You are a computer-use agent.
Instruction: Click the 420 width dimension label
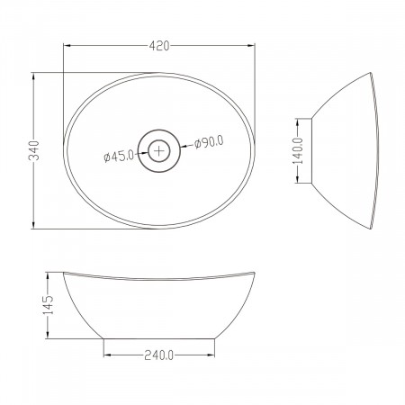(x=159, y=46)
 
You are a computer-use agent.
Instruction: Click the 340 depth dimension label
(x=34, y=150)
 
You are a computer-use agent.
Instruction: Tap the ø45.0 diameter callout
(x=119, y=156)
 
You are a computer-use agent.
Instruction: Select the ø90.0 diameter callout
(x=209, y=142)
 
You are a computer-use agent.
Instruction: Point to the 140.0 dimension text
(x=298, y=150)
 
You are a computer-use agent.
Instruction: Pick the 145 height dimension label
(x=48, y=305)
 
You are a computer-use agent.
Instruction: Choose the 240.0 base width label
(x=159, y=355)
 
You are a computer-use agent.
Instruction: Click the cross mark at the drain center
(x=159, y=150)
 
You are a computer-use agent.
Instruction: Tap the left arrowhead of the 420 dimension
(x=67, y=46)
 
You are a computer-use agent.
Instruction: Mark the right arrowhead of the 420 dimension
(x=251, y=46)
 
